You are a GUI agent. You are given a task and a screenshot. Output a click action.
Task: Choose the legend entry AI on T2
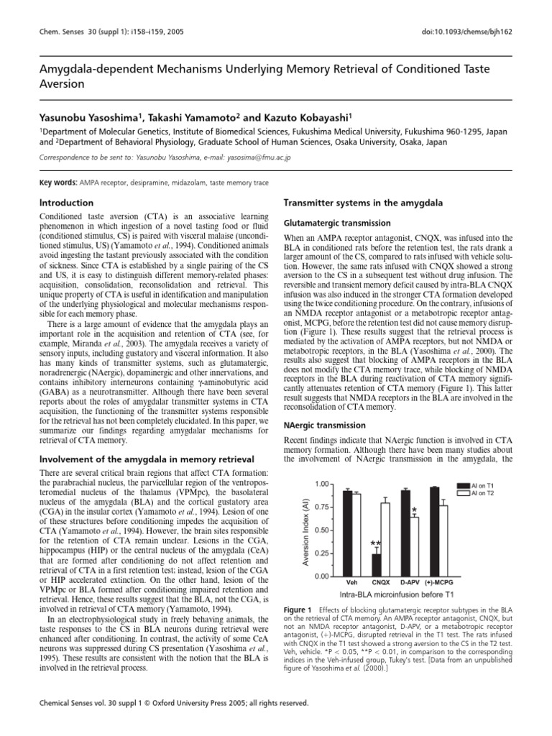[492, 494]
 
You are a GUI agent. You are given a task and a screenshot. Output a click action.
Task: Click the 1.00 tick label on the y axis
[321, 484]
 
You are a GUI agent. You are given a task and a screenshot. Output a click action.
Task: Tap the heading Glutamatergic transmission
[338, 224]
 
